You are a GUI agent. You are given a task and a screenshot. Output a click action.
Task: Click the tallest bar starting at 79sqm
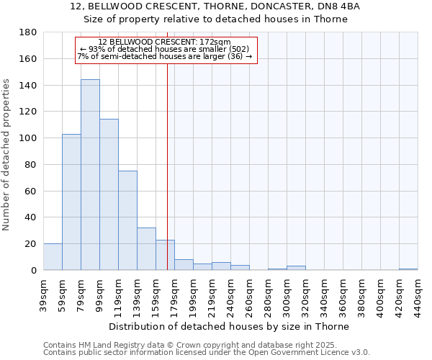90,175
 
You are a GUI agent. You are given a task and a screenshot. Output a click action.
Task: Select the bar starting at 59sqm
71,202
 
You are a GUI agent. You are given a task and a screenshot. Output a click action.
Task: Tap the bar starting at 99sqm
109,194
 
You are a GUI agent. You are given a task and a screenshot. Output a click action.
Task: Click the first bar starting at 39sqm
53,257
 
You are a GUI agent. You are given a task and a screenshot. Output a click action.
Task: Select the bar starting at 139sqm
146,249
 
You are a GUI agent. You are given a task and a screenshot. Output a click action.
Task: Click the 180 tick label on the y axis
28,32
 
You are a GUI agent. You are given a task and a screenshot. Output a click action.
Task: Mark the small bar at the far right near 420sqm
408,269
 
